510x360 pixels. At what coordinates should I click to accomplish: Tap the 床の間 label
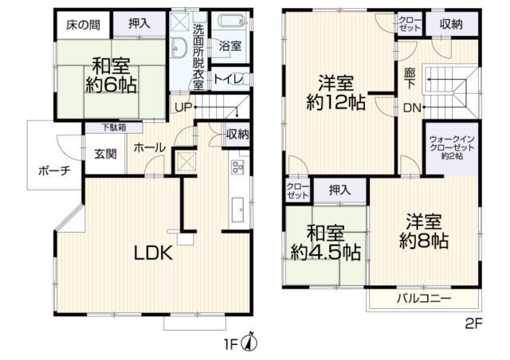(83, 25)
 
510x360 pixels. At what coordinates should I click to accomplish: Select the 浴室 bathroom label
(231, 45)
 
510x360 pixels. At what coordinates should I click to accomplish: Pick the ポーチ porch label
(53, 170)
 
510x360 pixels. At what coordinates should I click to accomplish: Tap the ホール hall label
(149, 147)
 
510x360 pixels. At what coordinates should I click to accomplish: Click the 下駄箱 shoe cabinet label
(112, 127)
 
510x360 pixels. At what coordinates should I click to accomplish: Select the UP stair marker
(182, 107)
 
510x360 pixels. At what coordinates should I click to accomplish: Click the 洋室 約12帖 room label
(335, 92)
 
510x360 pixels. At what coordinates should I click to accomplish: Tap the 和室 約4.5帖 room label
(324, 243)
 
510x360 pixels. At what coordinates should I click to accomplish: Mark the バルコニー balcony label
(424, 299)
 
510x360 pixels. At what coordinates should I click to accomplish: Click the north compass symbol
(250, 342)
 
